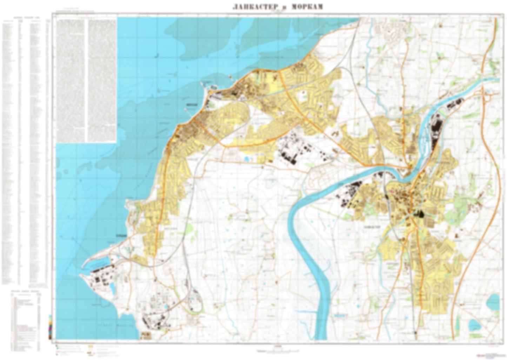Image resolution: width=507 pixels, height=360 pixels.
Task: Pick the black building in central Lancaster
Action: (419, 214)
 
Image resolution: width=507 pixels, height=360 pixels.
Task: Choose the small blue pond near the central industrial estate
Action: (246, 160)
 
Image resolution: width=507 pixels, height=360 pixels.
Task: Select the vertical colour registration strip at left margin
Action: (51, 326)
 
